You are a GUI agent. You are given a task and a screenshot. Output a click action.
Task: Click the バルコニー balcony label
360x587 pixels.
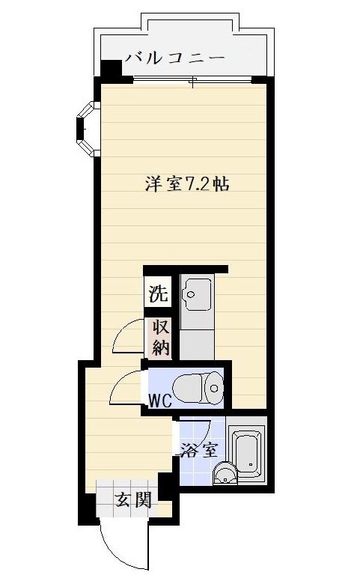[x=175, y=58]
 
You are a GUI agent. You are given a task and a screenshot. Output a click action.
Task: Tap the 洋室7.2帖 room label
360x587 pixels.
[x=187, y=184]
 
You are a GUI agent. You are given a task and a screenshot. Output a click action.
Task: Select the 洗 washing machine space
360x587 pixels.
[x=159, y=293]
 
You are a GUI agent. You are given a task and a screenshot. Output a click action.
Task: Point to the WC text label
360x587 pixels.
[x=160, y=401]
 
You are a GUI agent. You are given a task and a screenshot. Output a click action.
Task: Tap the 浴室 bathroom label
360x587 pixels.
[x=199, y=450]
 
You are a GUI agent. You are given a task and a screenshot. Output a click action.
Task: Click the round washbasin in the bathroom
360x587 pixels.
[x=225, y=473]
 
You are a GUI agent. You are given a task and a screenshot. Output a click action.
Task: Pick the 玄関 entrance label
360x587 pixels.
[x=133, y=499]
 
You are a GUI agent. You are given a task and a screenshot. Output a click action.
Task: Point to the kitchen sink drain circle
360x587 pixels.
[x=191, y=294]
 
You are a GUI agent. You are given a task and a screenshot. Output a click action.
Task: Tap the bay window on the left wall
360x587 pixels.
[x=88, y=129]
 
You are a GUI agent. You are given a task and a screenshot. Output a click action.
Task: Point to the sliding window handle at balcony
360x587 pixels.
[x=193, y=82]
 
